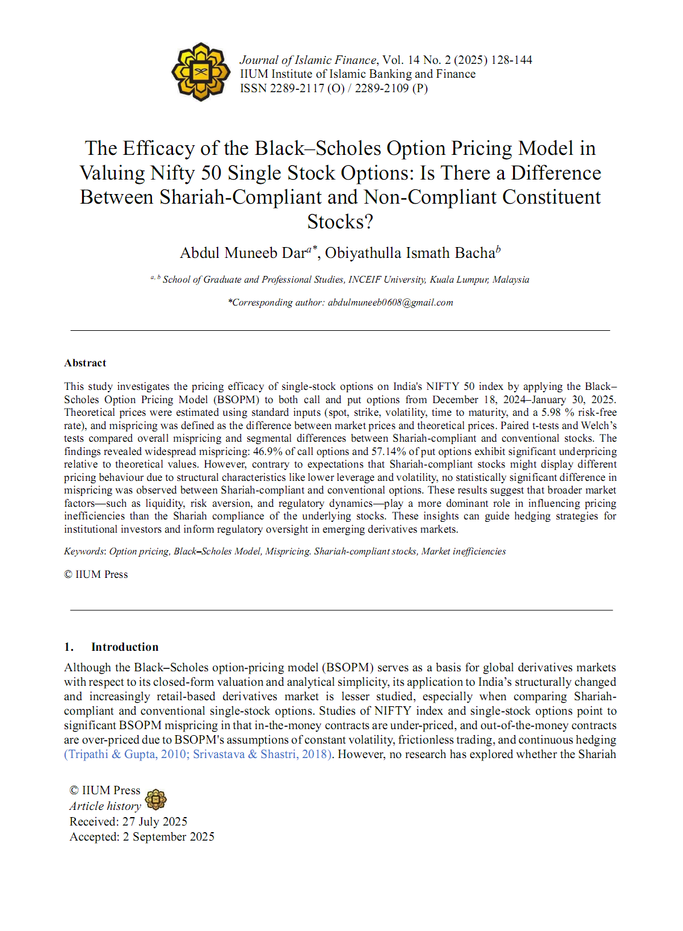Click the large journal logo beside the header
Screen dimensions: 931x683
pos(201,72)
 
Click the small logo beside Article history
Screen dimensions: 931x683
pos(156,800)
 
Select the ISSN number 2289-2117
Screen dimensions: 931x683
pos(297,89)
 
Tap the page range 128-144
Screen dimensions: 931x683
pos(511,60)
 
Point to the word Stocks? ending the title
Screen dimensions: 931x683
pos(340,222)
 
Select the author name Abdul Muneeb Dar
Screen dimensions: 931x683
pos(243,253)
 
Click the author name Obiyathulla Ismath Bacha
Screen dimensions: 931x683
pos(410,253)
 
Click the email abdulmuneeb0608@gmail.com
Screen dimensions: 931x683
pos(390,302)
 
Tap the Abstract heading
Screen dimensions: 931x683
pos(85,363)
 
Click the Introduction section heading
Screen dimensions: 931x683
pos(125,647)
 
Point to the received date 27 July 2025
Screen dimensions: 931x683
pos(155,821)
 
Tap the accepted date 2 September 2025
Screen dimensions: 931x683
pos(169,837)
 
